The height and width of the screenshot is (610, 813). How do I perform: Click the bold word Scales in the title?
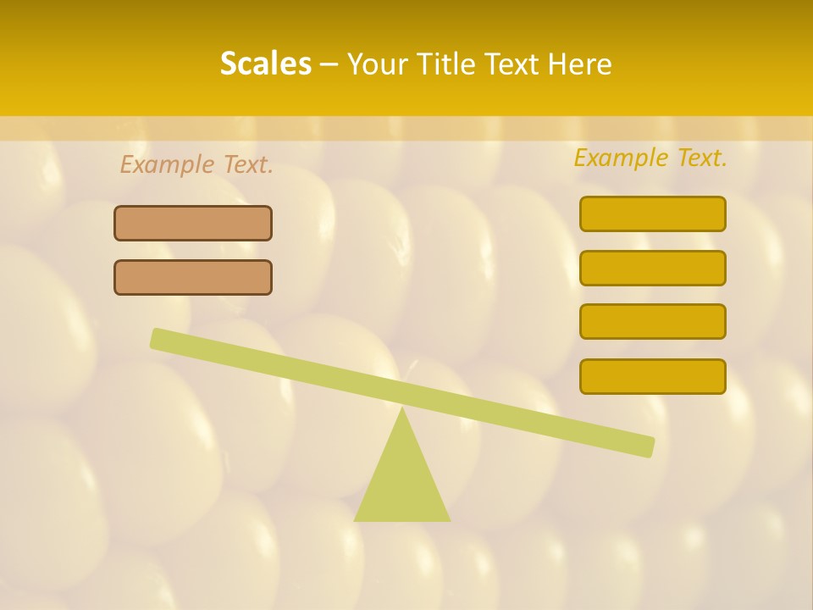[x=266, y=64]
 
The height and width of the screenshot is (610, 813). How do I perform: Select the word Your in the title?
[x=377, y=64]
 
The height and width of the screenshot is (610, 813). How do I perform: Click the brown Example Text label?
[x=196, y=164]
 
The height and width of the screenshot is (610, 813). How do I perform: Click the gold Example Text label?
[x=650, y=158]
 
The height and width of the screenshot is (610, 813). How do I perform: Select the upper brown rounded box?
[x=193, y=223]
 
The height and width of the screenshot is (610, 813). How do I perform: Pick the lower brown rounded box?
[x=193, y=277]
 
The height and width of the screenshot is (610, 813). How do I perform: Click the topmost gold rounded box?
[x=652, y=213]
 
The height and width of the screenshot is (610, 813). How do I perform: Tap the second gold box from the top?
[x=652, y=268]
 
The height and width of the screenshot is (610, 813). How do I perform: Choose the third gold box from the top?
[x=652, y=321]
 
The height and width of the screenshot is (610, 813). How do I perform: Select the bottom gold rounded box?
[x=652, y=376]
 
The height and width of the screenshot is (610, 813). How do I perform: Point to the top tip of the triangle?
[x=402, y=408]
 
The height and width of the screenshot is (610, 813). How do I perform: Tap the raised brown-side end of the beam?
[x=158, y=338]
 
